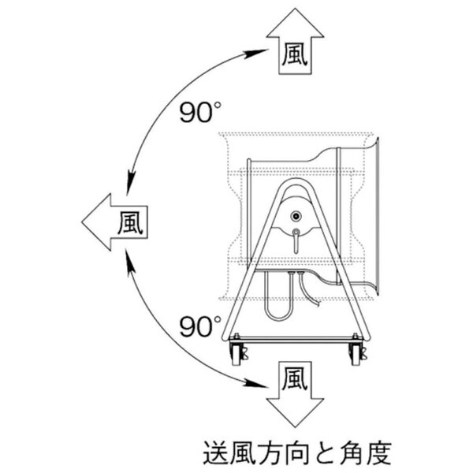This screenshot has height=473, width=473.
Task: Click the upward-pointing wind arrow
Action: [x=295, y=43]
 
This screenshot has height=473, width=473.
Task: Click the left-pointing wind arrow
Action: [x=114, y=222]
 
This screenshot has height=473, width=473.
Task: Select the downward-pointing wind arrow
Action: [x=295, y=395]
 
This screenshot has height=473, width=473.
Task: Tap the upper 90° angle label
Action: [x=200, y=112]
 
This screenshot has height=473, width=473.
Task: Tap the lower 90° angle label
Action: [x=200, y=326]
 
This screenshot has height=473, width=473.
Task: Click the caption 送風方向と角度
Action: [x=297, y=453]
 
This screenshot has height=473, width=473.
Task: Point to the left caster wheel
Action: [x=237, y=353]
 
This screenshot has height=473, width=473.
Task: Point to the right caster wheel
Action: [x=356, y=353]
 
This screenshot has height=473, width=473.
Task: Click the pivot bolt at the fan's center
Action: [x=296, y=216]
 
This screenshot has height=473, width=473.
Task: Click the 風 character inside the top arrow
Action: [x=294, y=54]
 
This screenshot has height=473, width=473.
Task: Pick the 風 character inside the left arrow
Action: [x=130, y=222]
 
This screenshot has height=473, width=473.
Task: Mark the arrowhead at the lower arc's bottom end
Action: [x=255, y=383]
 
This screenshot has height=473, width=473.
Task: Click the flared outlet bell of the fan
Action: [x=374, y=216]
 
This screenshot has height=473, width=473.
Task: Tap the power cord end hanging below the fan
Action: [x=309, y=291]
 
